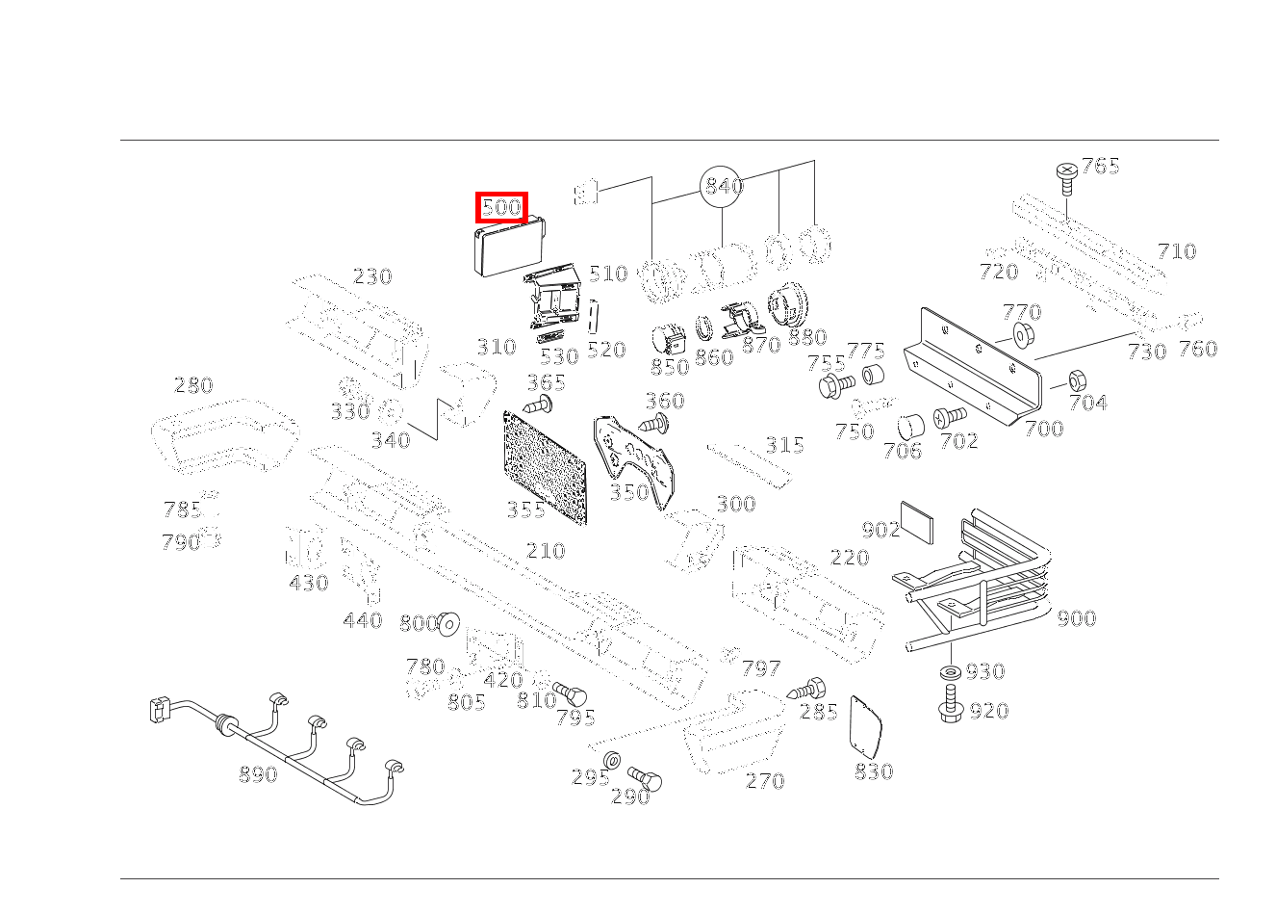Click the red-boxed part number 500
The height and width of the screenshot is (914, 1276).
[x=501, y=207]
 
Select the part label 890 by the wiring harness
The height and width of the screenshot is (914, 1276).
[x=258, y=774]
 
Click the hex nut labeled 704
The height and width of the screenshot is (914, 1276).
[x=1077, y=379]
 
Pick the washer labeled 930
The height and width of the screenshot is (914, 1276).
[x=951, y=672]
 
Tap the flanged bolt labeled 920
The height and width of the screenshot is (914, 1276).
[x=950, y=704]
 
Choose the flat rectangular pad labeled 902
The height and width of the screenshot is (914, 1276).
[x=917, y=523]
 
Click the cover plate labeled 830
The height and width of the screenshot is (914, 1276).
[x=865, y=727]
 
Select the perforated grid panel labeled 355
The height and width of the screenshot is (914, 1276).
[x=546, y=467]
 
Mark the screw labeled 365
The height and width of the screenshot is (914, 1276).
[x=538, y=405]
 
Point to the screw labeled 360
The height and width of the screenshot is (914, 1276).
[x=654, y=423]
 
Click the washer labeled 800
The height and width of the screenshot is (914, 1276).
[x=449, y=624]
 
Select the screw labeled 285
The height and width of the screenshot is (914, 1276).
[x=806, y=690]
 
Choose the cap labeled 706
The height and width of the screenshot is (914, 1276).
[x=910, y=427]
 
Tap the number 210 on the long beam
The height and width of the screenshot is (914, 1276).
[x=546, y=551]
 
